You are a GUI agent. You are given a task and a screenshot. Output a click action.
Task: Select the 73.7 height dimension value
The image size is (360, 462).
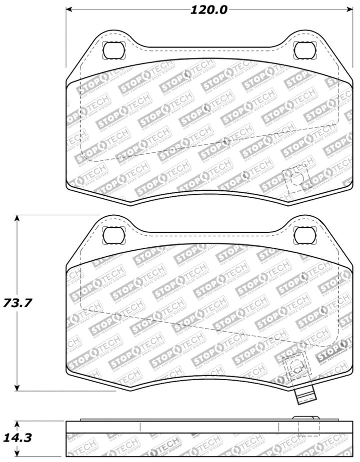pyautogui.click(x=18, y=303)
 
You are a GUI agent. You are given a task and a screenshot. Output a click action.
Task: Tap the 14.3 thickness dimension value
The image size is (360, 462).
pyautogui.click(x=18, y=438)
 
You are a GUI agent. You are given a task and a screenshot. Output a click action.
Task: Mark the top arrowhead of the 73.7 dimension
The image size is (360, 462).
pyautogui.click(x=18, y=218)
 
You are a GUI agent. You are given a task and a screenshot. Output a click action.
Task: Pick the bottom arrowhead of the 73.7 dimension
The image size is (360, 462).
pyautogui.click(x=18, y=388)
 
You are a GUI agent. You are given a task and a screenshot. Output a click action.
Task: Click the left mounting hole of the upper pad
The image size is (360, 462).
pyautogui.click(x=113, y=49)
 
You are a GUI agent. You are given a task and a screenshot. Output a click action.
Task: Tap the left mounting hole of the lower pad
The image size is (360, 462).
pyautogui.click(x=113, y=234)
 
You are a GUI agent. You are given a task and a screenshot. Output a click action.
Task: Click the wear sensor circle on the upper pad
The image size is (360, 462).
pyautogui.click(x=295, y=177)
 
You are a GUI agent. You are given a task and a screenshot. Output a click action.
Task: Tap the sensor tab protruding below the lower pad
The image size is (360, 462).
pyautogui.click(x=305, y=397)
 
